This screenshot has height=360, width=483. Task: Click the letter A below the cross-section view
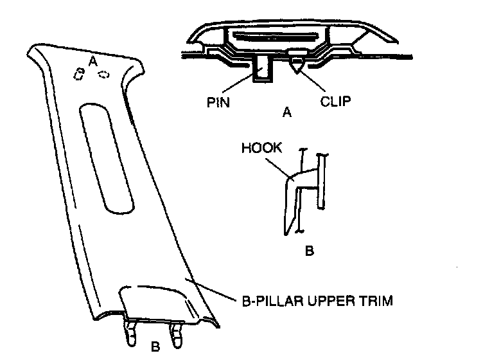287,113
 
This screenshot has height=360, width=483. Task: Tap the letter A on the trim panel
93,61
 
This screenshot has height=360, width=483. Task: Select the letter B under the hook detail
308,251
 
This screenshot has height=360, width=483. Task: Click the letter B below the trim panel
155,348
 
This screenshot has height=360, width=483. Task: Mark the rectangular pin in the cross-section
263,68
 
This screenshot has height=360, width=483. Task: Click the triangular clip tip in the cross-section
298,64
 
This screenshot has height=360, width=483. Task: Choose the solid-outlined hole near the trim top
80,75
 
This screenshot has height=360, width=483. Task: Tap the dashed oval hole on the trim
103,75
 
